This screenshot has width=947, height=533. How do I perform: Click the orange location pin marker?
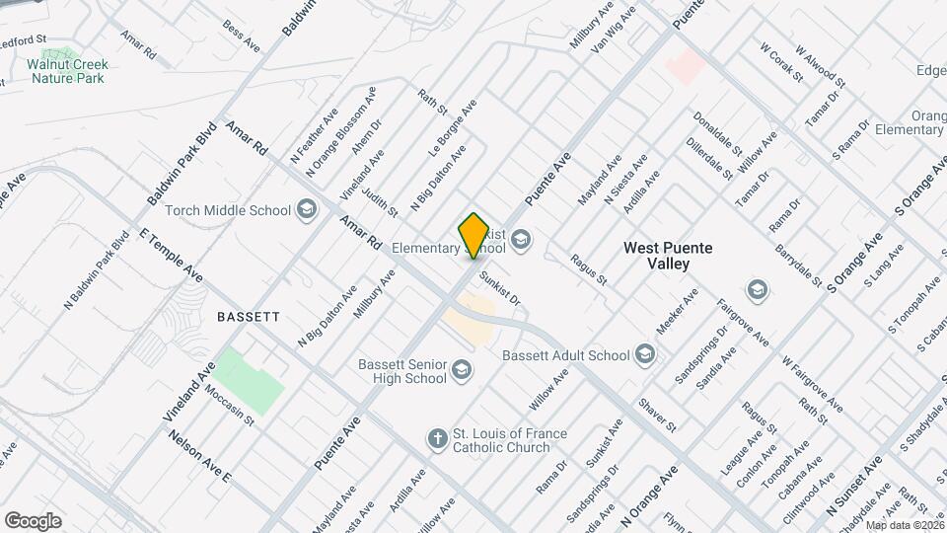(474, 236)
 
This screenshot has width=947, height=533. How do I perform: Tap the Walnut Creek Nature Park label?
(67, 70)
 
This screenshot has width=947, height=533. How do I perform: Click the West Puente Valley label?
(669, 257)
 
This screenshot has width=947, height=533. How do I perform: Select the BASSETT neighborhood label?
(249, 317)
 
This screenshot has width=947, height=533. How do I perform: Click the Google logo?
(33, 521)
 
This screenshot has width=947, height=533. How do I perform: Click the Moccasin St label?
(230, 406)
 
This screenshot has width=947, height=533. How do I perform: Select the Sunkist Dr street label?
(498, 288)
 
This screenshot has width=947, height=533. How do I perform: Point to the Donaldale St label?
(717, 132)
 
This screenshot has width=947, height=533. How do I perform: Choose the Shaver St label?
(656, 415)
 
